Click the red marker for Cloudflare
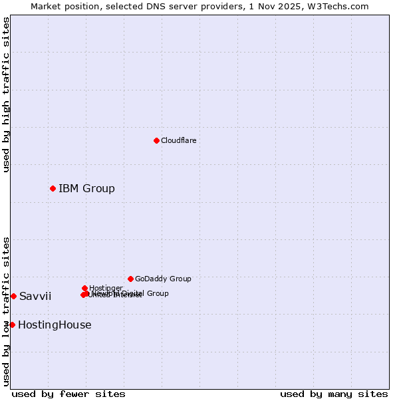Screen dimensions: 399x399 [x=156, y=140]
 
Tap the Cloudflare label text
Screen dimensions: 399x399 [x=178, y=140]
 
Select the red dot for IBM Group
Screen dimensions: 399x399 [x=53, y=188]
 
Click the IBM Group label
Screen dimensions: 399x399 [x=86, y=188]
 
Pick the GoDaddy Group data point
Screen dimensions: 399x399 [x=130, y=279]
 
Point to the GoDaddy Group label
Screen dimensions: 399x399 [x=163, y=279]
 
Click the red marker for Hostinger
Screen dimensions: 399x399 [x=84, y=288]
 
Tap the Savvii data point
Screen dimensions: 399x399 [x=13, y=296]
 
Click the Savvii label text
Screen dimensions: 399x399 [x=35, y=296]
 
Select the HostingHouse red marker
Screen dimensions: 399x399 [x=12, y=325]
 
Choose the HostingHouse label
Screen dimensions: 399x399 [x=55, y=325]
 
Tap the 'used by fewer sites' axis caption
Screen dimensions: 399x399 [x=68, y=394]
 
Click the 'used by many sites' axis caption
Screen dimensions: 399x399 [x=334, y=394]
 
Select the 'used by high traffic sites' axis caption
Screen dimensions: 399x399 [x=6, y=94]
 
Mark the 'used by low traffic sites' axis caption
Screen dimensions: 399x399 [x=6, y=311]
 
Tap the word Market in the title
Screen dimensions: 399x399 [x=44, y=6]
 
